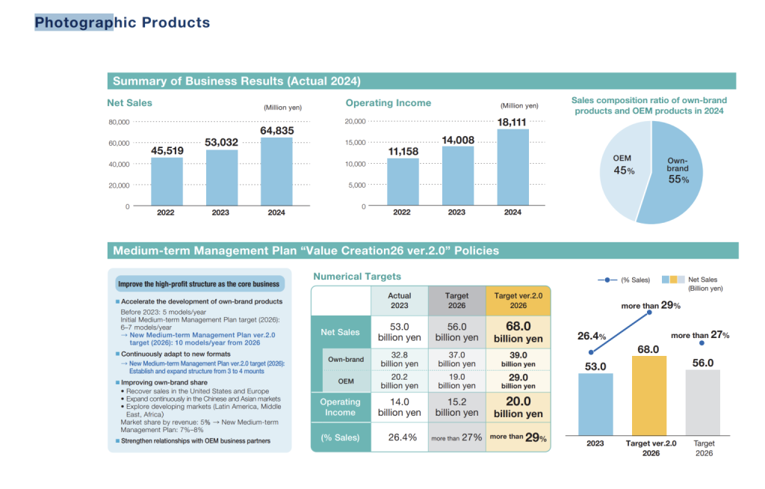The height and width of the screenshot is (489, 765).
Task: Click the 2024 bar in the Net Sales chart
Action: [276, 171]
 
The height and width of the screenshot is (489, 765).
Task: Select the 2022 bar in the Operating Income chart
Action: [402, 182]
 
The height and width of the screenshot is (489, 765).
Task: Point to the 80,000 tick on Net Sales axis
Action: [119, 122]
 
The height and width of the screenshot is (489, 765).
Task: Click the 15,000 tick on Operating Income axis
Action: [354, 142]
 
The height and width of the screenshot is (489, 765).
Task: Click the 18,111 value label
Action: [512, 122]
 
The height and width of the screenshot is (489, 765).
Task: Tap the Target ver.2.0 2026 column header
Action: [518, 301]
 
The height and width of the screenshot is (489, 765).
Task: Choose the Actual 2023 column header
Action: [399, 301]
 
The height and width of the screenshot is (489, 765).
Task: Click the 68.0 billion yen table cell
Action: [518, 332]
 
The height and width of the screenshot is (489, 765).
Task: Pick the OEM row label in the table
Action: [346, 381]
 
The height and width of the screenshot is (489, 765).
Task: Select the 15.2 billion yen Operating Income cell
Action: [457, 407]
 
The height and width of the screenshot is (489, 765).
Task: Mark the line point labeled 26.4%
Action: [592, 351]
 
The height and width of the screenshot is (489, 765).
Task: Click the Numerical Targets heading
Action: [357, 277]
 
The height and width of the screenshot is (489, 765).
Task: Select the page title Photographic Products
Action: [122, 22]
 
